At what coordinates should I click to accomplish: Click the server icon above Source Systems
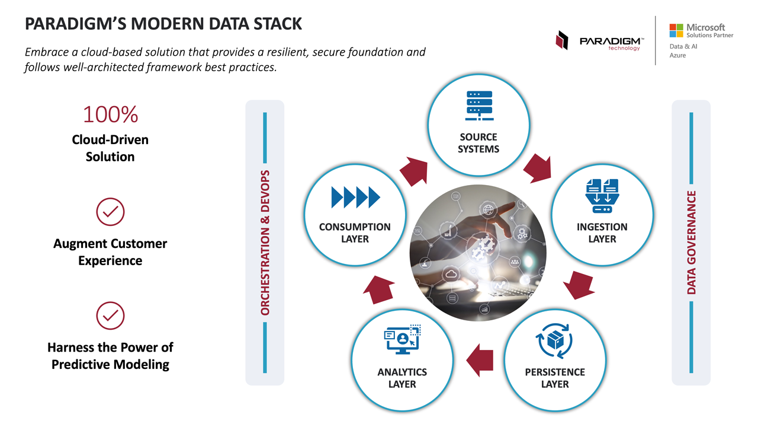click(x=479, y=106)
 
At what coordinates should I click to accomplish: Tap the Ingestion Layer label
click(x=602, y=233)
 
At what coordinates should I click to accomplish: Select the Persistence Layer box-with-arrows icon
click(x=554, y=340)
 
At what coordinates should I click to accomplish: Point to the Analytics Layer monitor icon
click(x=402, y=339)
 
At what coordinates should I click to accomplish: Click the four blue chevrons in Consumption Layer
click(x=355, y=197)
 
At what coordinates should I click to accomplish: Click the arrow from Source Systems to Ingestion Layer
click(x=538, y=167)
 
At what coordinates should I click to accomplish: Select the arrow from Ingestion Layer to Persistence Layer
click(x=579, y=285)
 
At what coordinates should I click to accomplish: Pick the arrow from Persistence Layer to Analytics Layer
click(x=480, y=360)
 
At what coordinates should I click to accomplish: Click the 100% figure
click(x=110, y=114)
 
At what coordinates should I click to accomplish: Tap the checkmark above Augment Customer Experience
click(x=110, y=212)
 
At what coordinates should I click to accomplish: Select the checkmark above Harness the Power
click(x=110, y=316)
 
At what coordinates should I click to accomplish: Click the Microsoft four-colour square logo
click(x=676, y=30)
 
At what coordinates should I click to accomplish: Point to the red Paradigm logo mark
click(x=561, y=40)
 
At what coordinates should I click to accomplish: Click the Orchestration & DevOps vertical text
click(x=265, y=243)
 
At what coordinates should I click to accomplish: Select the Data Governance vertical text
click(x=691, y=243)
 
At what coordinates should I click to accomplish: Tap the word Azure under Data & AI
click(x=677, y=55)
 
